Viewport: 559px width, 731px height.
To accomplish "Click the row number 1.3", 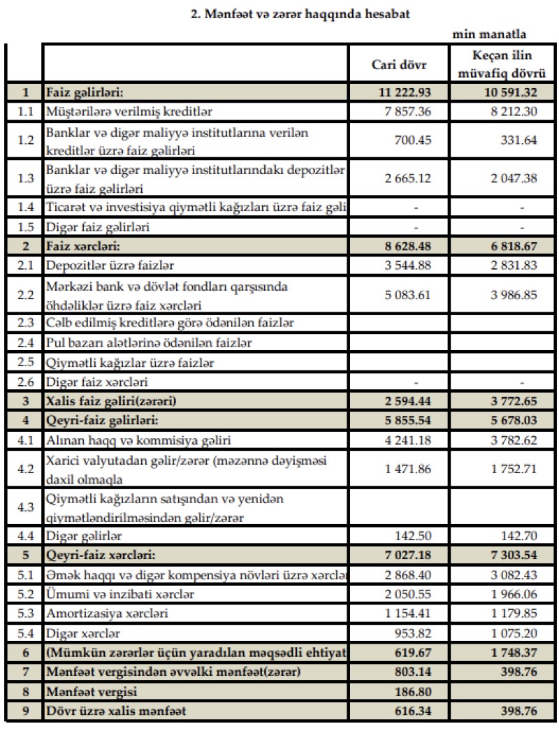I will pos(25,178).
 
